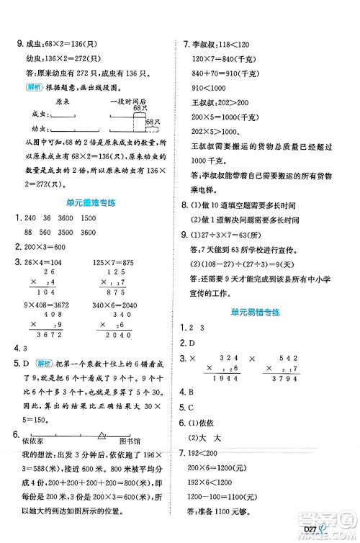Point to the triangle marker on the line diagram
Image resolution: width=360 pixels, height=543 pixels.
pyautogui.click(x=101, y=435)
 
